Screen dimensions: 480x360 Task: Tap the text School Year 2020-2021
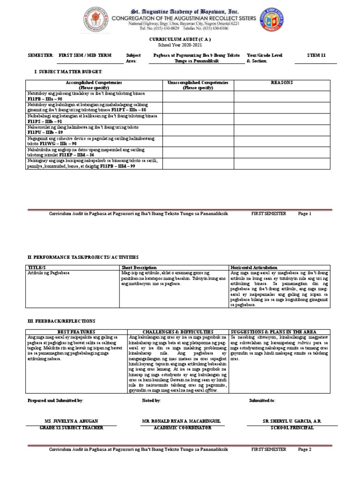(x=180, y=46)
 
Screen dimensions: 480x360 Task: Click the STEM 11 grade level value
(x=316, y=55)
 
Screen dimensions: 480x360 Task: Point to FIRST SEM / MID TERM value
(x=85, y=55)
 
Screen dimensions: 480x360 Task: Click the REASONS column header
(x=282, y=82)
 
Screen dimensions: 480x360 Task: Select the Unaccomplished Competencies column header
(x=198, y=85)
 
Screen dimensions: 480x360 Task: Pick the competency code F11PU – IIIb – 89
(x=45, y=133)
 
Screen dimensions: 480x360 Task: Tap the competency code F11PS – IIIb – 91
(x=45, y=121)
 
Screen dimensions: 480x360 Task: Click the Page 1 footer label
(x=304, y=213)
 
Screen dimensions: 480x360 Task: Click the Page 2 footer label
(x=304, y=449)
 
